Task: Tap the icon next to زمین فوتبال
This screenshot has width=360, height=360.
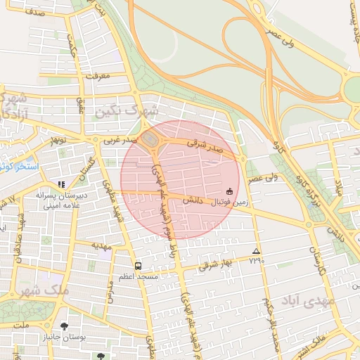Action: [229, 191]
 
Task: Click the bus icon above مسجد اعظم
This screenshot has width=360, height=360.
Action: [137, 266]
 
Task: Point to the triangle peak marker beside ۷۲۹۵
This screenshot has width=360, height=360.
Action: [255, 252]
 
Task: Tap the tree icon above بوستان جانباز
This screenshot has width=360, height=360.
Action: [65, 326]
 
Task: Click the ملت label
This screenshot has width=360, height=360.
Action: [22, 326]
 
